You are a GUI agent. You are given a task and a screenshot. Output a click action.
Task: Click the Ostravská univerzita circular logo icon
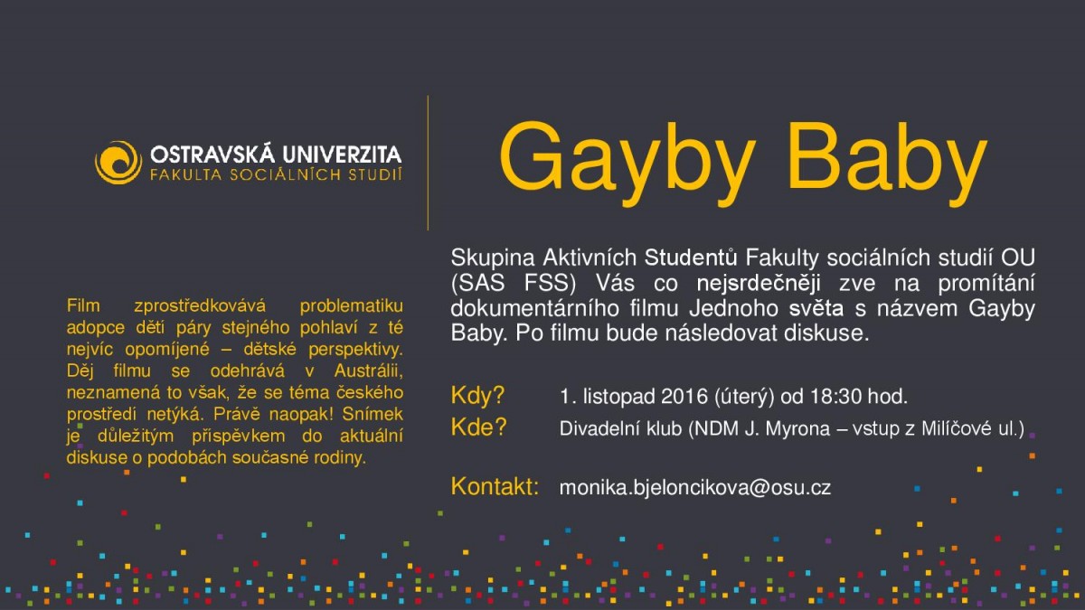118,163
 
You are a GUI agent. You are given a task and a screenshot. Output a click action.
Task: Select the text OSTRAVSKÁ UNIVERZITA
277,154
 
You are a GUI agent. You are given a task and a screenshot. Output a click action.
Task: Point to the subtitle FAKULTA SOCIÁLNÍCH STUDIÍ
277,173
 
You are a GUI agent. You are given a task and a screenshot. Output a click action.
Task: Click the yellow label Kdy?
477,396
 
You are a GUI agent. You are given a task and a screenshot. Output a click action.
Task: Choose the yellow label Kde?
478,428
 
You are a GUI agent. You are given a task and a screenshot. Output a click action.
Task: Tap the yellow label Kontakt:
495,487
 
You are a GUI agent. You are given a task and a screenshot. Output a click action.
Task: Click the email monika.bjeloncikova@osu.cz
695,487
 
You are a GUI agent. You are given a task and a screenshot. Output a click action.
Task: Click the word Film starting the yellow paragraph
83,307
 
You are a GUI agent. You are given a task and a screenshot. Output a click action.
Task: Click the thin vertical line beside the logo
428,163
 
